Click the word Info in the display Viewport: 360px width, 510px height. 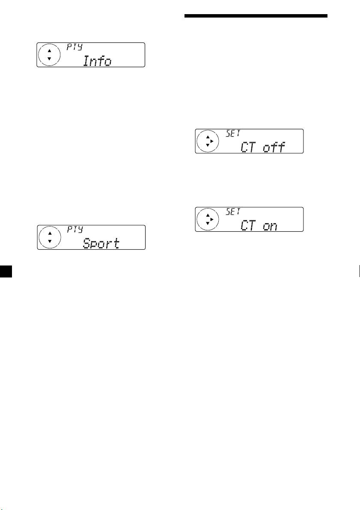[x=97, y=61]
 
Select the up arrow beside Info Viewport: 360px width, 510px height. [x=48, y=50]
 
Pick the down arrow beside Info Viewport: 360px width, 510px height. [x=48, y=59]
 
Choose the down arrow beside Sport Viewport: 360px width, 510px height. [x=49, y=242]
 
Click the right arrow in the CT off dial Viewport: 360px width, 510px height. [x=211, y=141]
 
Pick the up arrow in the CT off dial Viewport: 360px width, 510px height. [x=207, y=137]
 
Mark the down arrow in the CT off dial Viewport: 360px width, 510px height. [x=207, y=145]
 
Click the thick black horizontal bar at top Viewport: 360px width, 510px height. [x=256, y=17]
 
